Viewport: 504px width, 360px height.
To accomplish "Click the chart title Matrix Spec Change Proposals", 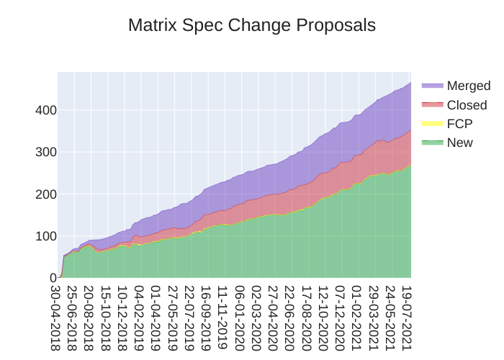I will [252, 25].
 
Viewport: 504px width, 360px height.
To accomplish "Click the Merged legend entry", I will [468, 86].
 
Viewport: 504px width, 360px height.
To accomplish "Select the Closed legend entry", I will [467, 105].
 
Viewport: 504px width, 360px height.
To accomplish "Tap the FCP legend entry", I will [459, 124].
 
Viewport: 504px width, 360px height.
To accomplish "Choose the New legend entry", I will [459, 143].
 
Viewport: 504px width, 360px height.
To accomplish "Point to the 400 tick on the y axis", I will [45, 110].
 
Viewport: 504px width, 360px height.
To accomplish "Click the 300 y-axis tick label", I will [45, 152].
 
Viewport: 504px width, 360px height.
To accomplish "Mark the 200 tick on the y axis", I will [45, 194].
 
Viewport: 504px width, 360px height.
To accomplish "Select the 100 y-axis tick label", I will [45, 235].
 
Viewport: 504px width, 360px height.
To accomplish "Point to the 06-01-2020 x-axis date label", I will [239, 317].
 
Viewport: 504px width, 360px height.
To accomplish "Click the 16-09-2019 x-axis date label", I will [205, 317].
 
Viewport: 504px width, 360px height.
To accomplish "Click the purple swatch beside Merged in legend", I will [432, 86].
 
